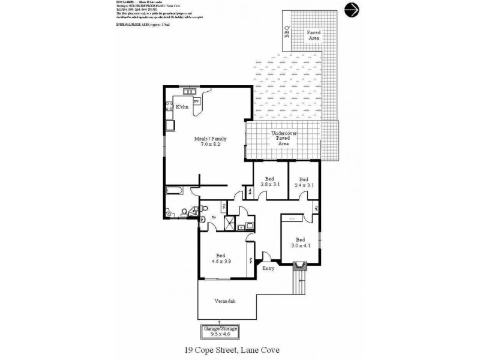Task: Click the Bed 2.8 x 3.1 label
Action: pyautogui.click(x=268, y=182)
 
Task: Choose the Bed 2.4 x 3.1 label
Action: pyautogui.click(x=304, y=182)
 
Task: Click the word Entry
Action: pyautogui.click(x=268, y=268)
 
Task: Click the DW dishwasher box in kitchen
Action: pyautogui.click(x=195, y=101)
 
